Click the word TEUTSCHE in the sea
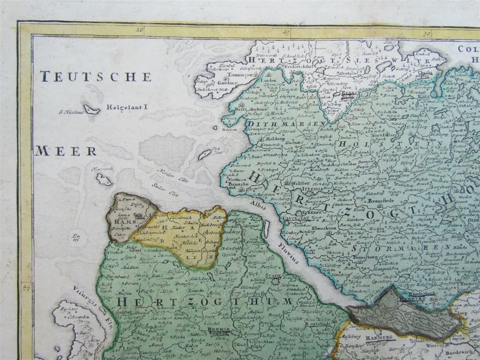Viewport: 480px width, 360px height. pos(96,77)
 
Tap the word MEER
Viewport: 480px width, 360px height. pos(66,151)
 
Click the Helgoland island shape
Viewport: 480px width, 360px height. pos(92,109)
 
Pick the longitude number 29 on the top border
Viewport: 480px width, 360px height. pos(286,31)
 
